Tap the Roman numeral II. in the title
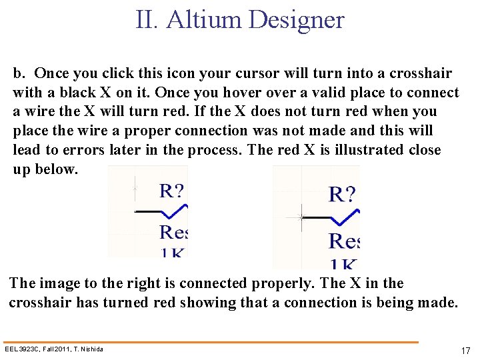(x=147, y=19)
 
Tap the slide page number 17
(x=465, y=351)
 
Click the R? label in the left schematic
(x=171, y=191)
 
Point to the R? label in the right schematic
(x=343, y=195)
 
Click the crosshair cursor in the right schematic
(x=301, y=217)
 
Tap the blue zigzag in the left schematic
(x=177, y=211)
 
